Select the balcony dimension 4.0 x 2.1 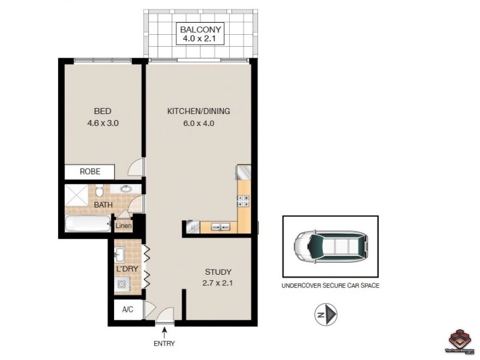click(x=202, y=40)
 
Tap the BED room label click(x=103, y=111)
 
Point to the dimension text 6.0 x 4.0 click(x=199, y=124)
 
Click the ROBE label click(x=90, y=172)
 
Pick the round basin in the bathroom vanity click(x=127, y=188)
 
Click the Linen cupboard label click(x=123, y=226)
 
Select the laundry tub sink click(x=119, y=254)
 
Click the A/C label click(x=127, y=310)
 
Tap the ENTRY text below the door click(x=164, y=343)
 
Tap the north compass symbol click(x=327, y=314)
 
